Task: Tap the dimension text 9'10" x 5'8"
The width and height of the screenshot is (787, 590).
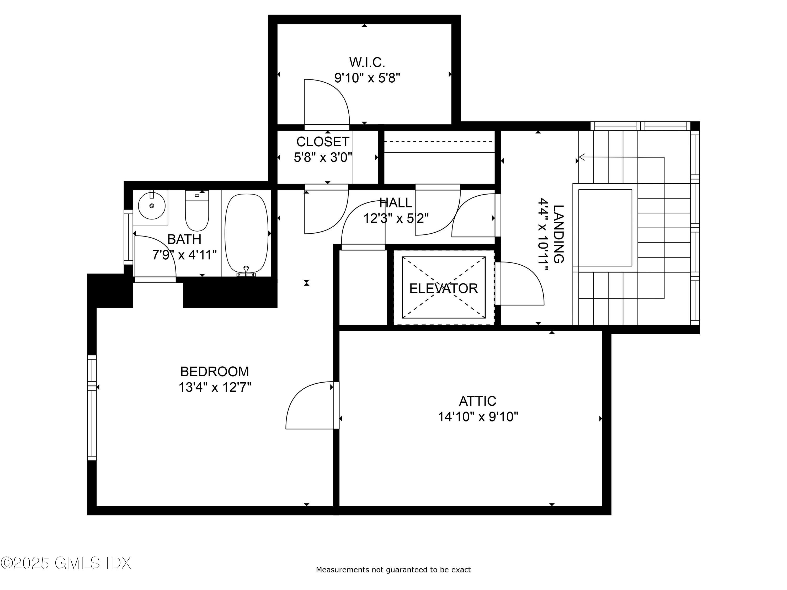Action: click(x=367, y=78)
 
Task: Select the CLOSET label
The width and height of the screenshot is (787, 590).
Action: click(x=322, y=142)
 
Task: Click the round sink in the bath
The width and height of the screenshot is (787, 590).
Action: click(x=152, y=206)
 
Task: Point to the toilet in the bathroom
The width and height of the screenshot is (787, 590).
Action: click(x=197, y=213)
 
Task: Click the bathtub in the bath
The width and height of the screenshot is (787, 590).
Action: click(x=246, y=233)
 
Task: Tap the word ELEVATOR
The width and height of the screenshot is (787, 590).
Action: click(x=443, y=288)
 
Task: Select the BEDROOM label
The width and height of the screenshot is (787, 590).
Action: click(x=215, y=372)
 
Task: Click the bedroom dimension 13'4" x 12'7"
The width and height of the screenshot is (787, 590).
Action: click(x=215, y=387)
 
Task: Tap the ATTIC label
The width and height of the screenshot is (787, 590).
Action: click(x=477, y=401)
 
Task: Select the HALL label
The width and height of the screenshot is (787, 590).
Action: click(x=396, y=203)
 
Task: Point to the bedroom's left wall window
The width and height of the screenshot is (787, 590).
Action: click(x=92, y=407)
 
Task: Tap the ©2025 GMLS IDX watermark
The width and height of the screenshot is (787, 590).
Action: click(x=66, y=563)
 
